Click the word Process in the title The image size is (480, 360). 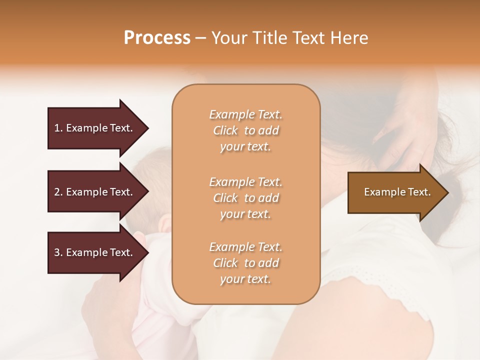(157, 38)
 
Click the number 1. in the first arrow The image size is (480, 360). (58, 128)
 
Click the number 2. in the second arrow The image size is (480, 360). (58, 192)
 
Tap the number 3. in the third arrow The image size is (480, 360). (58, 252)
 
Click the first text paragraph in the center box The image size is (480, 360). (245, 130)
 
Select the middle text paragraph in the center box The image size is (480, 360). (245, 197)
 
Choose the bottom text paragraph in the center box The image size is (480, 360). (245, 263)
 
